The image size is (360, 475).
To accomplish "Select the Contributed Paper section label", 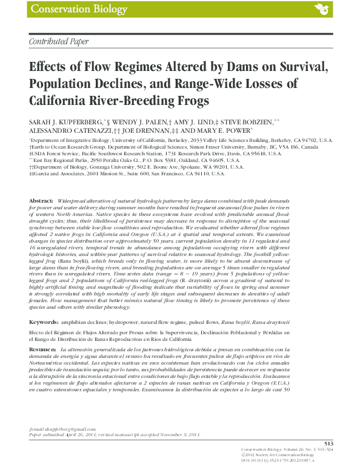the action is (x=59, y=41).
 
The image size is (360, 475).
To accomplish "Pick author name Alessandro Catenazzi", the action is (x=67, y=130).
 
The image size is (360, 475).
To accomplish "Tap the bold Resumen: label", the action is (x=43, y=351).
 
